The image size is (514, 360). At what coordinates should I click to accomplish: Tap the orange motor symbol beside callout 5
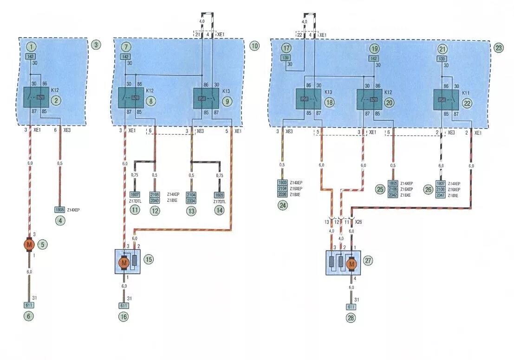click(30, 244)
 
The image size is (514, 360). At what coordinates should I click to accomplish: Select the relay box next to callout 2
click(36, 97)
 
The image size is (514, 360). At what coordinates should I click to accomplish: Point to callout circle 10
click(254, 45)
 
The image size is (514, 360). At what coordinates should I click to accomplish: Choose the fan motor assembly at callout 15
click(127, 262)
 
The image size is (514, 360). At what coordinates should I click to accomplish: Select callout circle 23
click(499, 47)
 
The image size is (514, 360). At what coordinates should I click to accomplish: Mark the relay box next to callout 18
click(309, 99)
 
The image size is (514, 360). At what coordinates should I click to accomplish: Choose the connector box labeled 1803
click(282, 183)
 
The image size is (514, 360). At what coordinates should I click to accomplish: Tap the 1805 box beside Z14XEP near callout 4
click(59, 210)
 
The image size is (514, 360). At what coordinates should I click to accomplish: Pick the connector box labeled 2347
click(441, 196)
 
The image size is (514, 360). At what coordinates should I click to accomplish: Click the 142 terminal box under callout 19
click(374, 58)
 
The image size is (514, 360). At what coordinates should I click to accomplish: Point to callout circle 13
click(191, 211)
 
